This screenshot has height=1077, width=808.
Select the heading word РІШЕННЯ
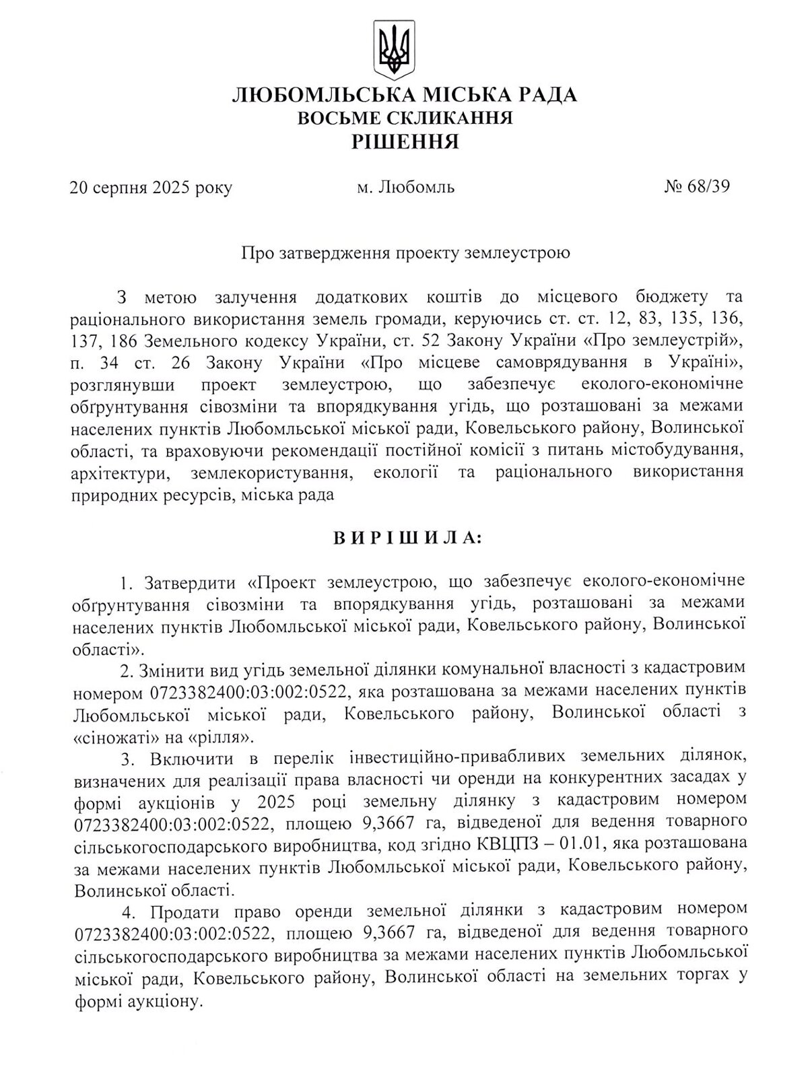[x=405, y=141]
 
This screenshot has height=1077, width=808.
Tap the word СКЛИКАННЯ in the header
[x=448, y=118]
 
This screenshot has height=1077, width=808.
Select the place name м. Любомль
[x=405, y=186]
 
